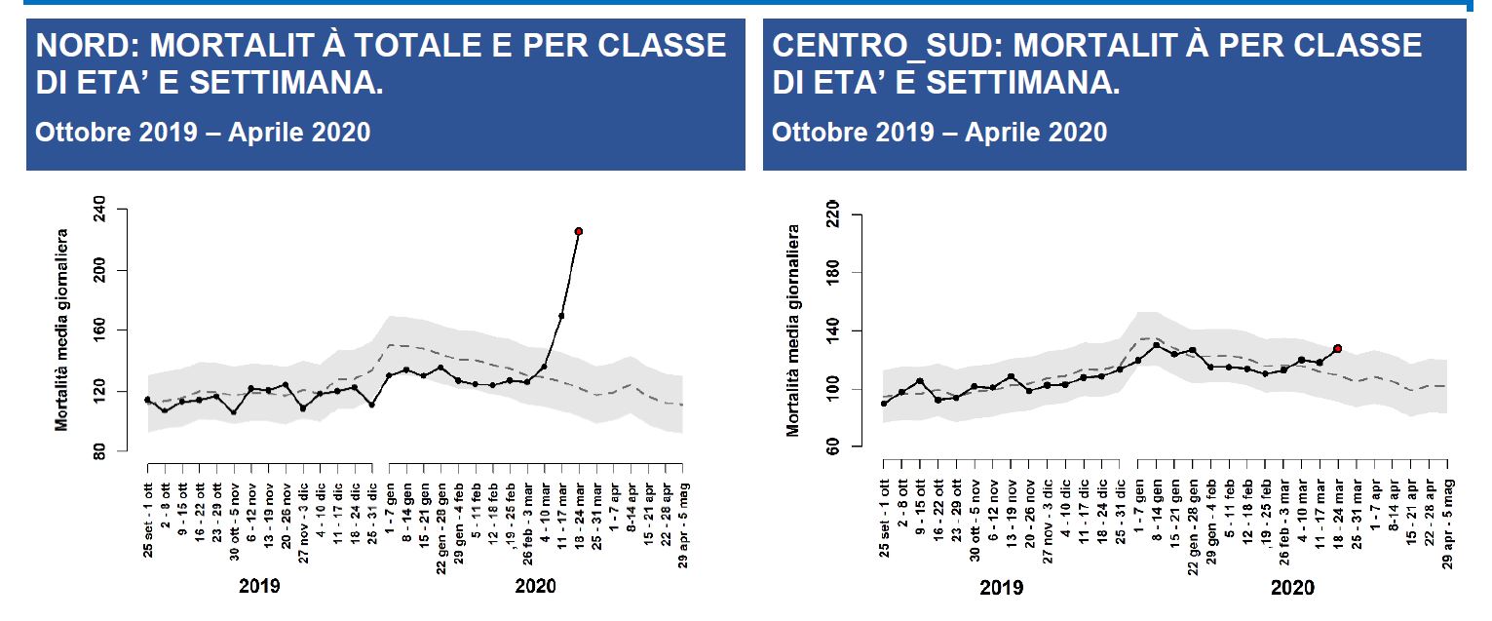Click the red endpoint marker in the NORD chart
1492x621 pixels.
[x=579, y=231]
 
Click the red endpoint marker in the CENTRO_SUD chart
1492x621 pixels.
[x=1338, y=348]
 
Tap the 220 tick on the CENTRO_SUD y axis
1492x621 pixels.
[x=832, y=214]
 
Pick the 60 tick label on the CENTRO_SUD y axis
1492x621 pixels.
[x=832, y=447]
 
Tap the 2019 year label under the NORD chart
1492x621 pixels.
[x=259, y=587]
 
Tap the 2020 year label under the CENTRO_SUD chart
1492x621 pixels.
[x=1292, y=588]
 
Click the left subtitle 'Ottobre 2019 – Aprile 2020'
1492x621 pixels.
[x=203, y=132]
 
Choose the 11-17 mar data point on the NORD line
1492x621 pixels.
[x=561, y=316]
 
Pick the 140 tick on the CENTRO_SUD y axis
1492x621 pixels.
[x=832, y=331]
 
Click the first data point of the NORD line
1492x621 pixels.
[x=147, y=400]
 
